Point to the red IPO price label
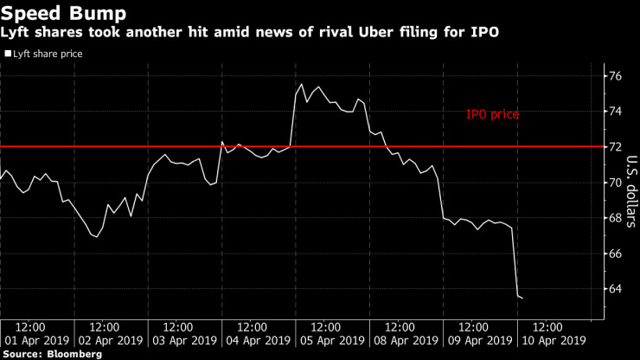point(492,113)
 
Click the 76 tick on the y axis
point(615,76)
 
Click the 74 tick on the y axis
point(615,112)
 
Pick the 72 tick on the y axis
point(615,147)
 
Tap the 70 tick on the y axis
point(615,183)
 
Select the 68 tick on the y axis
point(615,218)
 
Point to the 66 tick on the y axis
point(615,254)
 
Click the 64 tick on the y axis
point(615,289)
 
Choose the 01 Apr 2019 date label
point(31,341)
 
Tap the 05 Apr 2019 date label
point(326,341)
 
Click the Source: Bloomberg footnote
point(51,354)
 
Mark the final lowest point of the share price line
point(522,298)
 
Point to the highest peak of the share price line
point(301,84)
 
